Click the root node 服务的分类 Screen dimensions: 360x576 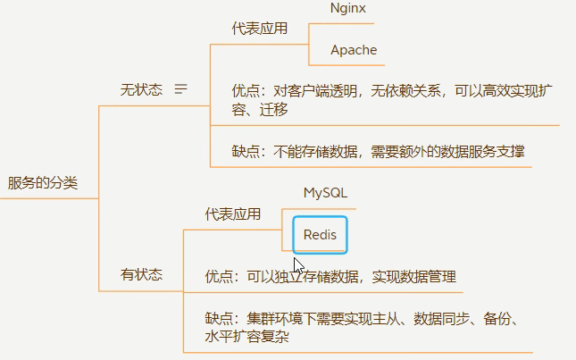[x=43, y=183]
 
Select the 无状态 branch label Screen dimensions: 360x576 [x=141, y=89]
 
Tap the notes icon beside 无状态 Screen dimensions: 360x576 [x=181, y=89]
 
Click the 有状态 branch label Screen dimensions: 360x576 [x=141, y=275]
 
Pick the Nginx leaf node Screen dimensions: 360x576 [x=347, y=8]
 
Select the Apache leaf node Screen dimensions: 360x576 [x=354, y=50]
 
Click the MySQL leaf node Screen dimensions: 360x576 [x=325, y=193]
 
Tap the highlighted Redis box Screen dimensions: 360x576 [x=320, y=235]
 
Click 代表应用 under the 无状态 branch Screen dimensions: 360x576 [x=259, y=29]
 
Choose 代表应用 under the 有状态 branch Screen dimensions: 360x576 [x=232, y=214]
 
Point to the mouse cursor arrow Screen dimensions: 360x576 [x=297, y=265]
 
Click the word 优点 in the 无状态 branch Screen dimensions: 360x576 [x=245, y=90]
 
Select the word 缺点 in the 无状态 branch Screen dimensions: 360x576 [x=245, y=152]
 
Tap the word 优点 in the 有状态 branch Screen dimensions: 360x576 [x=219, y=276]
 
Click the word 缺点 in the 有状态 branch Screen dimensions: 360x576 [x=219, y=319]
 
